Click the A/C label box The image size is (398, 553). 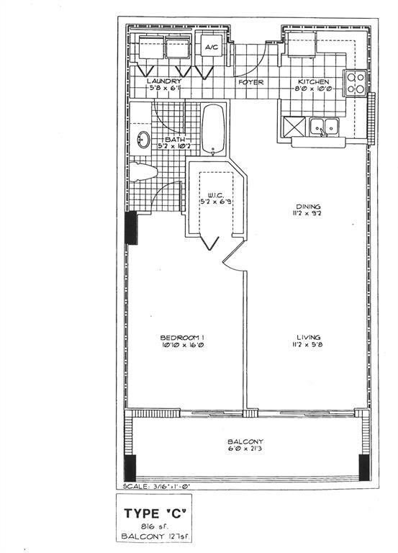212,48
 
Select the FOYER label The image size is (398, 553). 251,82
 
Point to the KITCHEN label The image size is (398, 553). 312,82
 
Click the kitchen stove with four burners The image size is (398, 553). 355,84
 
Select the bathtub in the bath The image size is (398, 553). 213,130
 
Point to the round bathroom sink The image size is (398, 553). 143,139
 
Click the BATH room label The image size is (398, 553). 174,139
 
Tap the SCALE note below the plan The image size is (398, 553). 155,486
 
